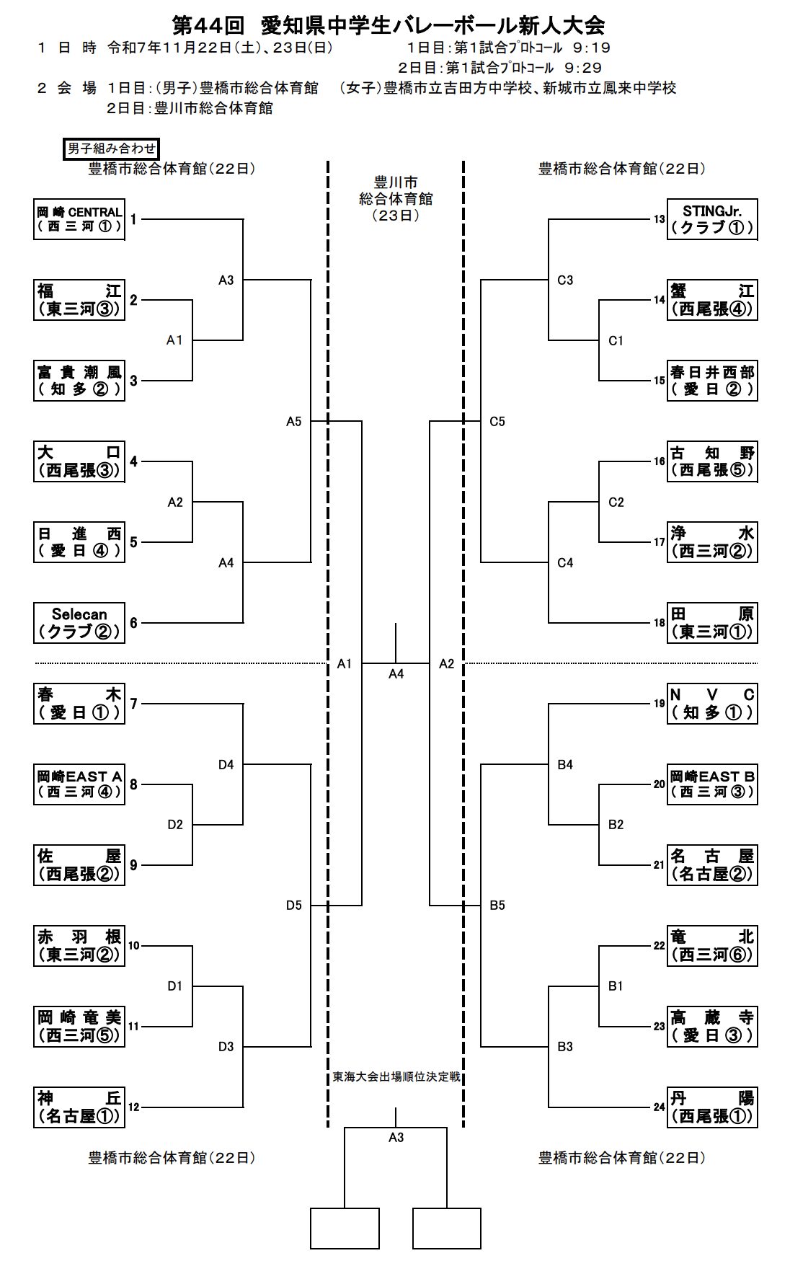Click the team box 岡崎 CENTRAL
tap(79, 219)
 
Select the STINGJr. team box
tap(711, 219)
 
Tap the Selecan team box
tap(79, 623)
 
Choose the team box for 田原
tap(711, 623)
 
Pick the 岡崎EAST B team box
tap(711, 784)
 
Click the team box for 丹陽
tap(711, 1107)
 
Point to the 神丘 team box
tap(79, 1107)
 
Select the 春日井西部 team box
tap(711, 381)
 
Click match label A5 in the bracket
tap(293, 422)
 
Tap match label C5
tap(497, 422)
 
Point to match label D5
tap(293, 906)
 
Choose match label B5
tap(497, 906)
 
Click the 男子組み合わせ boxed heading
tap(111, 149)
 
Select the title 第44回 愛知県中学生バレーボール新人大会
tap(388, 26)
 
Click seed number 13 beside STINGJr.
tap(660, 219)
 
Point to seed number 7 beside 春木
tap(133, 703)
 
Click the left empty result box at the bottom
tap(345, 1228)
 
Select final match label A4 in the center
tap(396, 674)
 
